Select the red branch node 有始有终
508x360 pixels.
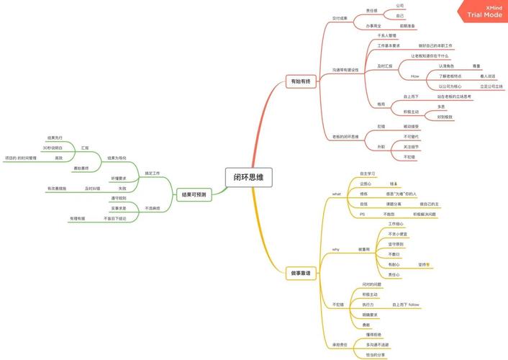299,82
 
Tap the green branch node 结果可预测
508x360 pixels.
194,194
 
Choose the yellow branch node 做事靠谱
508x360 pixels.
300,274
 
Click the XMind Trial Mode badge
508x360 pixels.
484,11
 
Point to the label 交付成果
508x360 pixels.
340,17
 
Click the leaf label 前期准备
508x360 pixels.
399,25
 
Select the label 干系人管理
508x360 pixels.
387,35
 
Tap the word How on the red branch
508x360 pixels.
414,76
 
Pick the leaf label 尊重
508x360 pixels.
476,66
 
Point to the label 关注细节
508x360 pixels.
411,146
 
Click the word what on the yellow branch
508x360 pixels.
336,194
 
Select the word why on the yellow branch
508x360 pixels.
335,249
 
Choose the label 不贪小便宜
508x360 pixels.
398,233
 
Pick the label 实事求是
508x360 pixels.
119,207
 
